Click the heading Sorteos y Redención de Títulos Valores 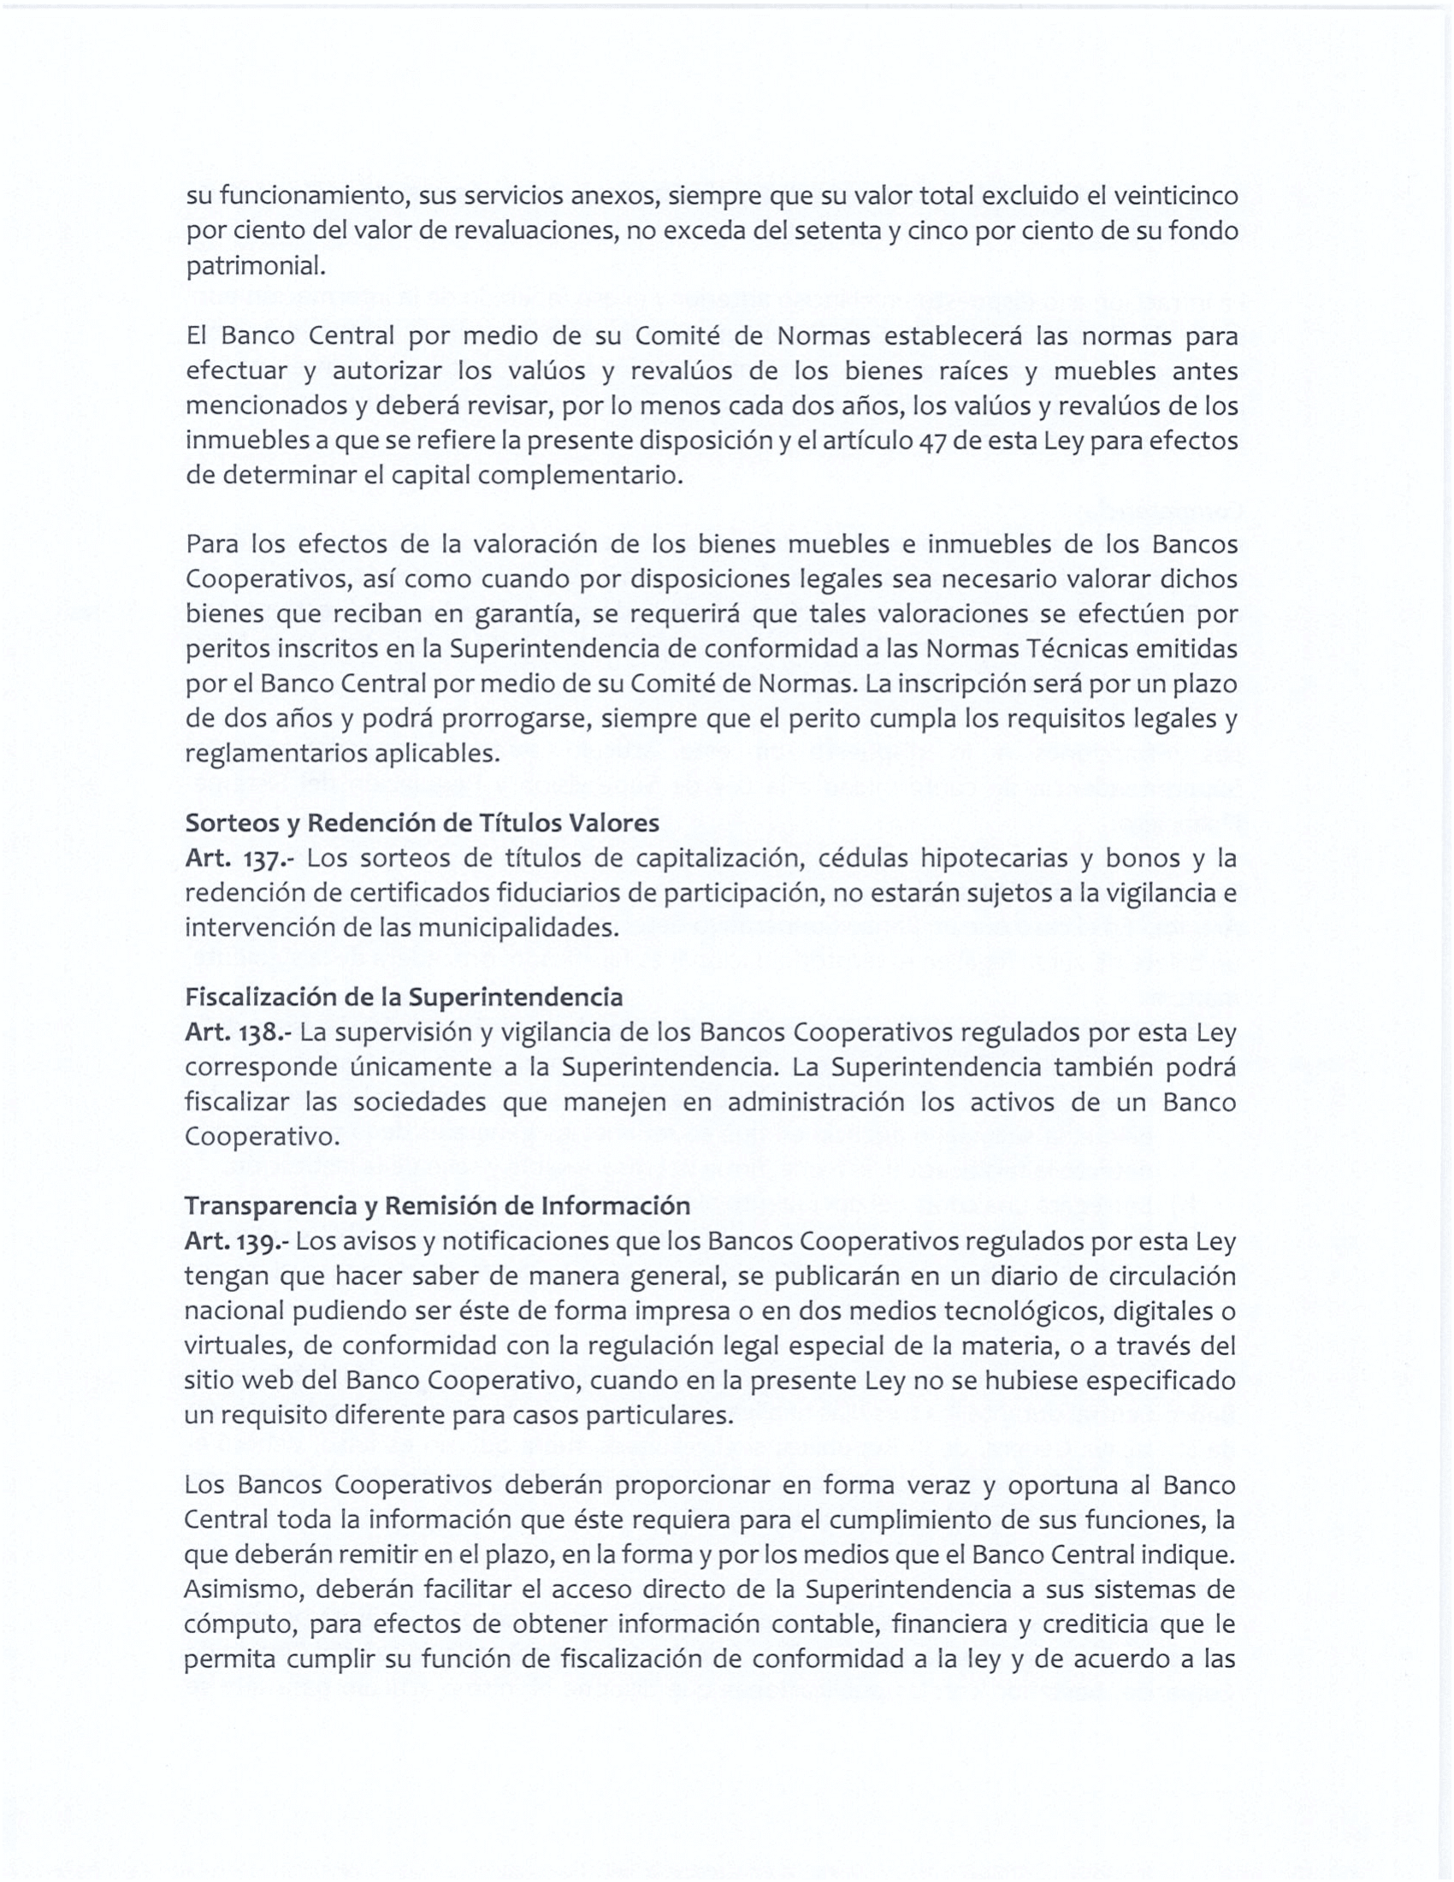(422, 823)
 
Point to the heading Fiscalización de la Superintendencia (403, 997)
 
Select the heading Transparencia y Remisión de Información (437, 1205)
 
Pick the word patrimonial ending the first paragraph (256, 267)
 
